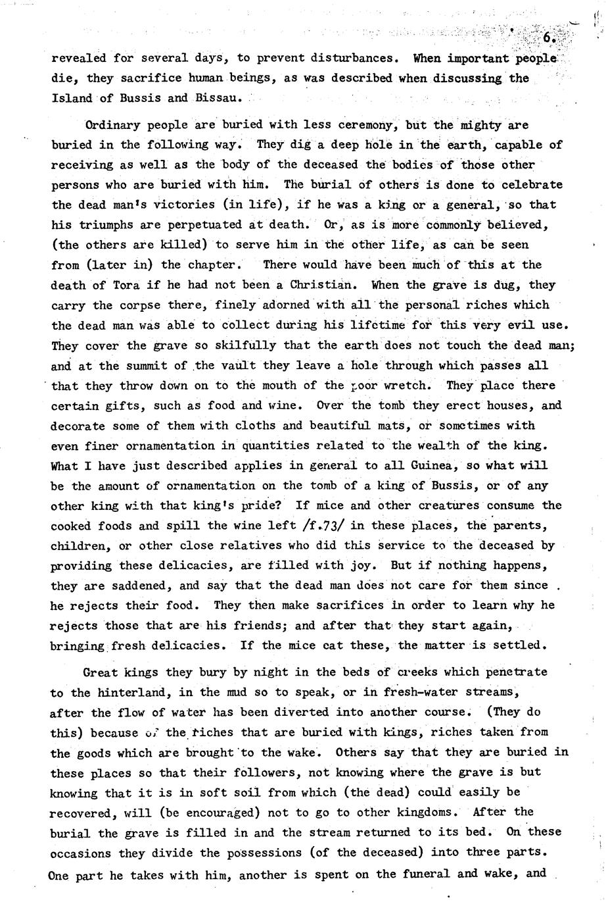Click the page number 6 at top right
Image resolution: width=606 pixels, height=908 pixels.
coord(549,38)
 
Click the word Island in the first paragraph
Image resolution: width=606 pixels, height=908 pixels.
coord(72,99)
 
